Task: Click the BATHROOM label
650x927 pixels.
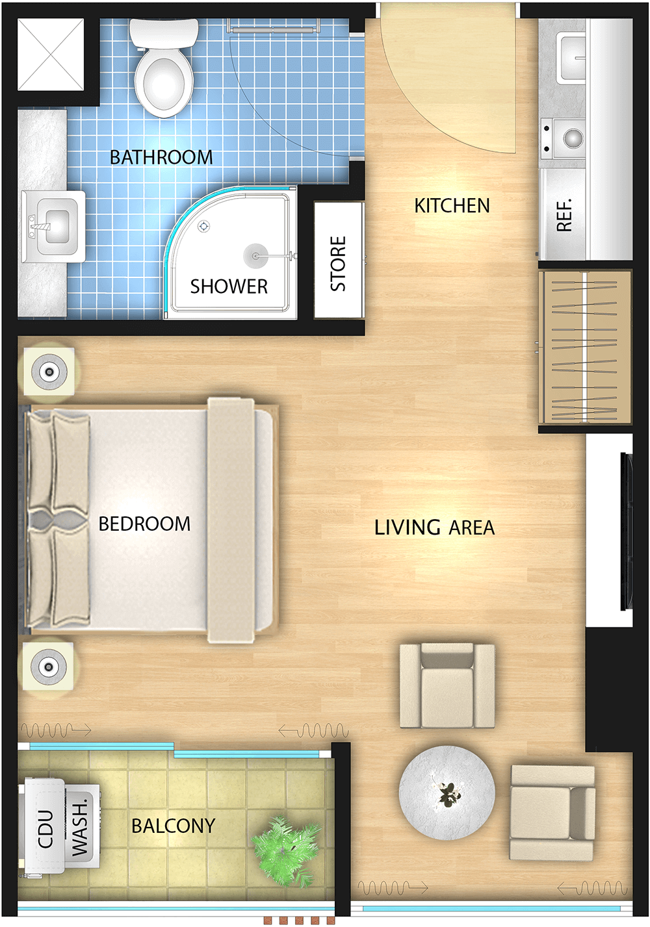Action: pos(161,157)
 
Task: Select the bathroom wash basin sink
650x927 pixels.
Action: pos(53,226)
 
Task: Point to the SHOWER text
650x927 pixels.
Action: pos(229,286)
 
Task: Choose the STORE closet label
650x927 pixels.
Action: pos(338,264)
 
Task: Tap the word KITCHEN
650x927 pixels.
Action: pos(452,206)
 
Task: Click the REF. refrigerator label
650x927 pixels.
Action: pos(565,214)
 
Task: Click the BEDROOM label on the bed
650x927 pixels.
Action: pos(144,524)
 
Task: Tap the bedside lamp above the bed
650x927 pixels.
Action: pos(49,372)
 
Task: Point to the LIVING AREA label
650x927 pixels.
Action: pos(434,527)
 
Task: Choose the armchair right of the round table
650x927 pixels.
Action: pos(552,813)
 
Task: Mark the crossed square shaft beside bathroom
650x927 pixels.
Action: pos(51,54)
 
